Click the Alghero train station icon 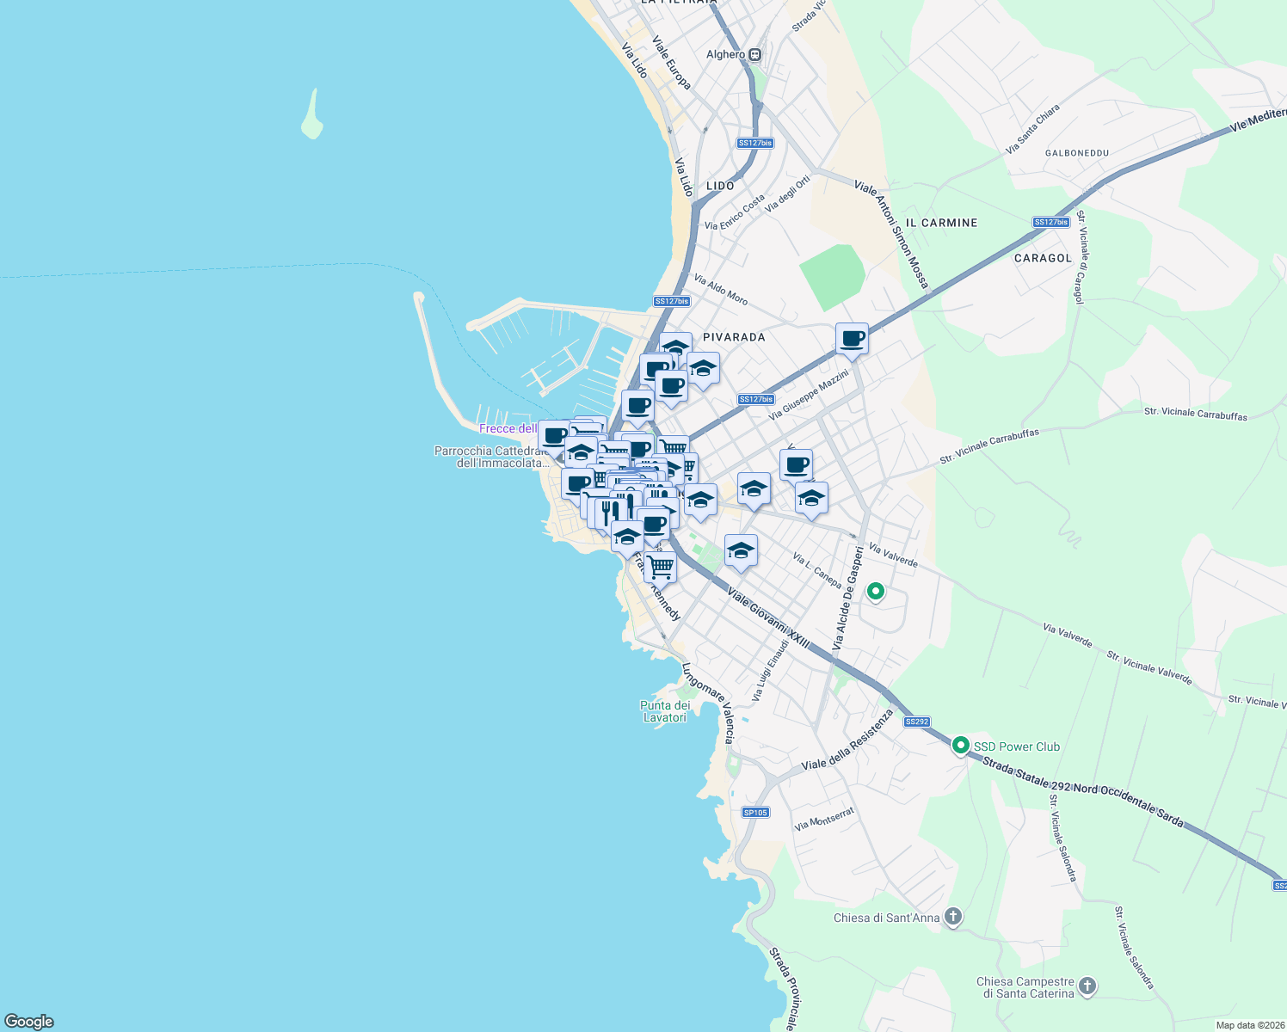click(x=754, y=54)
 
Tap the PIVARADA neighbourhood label click(x=734, y=337)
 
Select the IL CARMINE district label click(x=941, y=223)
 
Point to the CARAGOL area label click(x=1043, y=258)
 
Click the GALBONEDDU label click(x=1076, y=153)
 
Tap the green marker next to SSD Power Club click(x=960, y=746)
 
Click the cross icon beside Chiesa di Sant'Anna click(x=952, y=917)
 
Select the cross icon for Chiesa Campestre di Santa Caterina click(x=1087, y=986)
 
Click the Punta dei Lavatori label click(x=665, y=711)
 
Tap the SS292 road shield click(x=917, y=722)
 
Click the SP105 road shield click(x=755, y=813)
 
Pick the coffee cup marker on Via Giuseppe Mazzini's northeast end click(x=852, y=338)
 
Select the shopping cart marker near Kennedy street click(x=661, y=567)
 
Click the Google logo click(x=29, y=1022)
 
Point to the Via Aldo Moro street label click(x=721, y=290)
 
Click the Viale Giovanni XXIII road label click(x=767, y=617)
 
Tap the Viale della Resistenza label click(x=847, y=741)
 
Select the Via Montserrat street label click(x=824, y=819)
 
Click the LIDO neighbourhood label click(x=720, y=186)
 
